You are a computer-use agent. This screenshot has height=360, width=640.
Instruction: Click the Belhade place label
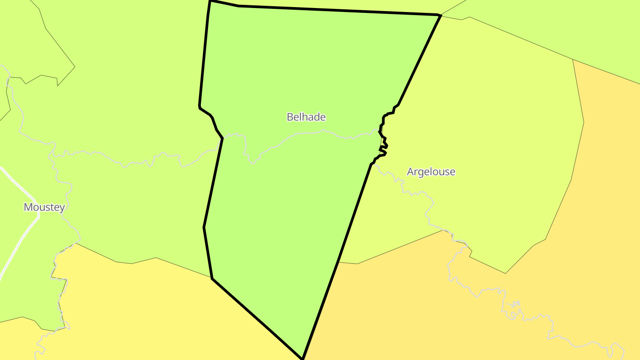306,117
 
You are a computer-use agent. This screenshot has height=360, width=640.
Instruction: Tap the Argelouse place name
431,172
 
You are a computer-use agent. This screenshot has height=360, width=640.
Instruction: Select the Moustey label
44,207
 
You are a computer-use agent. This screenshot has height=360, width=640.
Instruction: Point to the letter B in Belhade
290,117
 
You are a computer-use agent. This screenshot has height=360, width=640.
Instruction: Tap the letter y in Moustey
62,208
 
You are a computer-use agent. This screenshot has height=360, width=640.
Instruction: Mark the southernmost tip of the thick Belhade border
302,358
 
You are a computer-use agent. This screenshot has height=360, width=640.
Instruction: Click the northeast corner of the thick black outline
440,16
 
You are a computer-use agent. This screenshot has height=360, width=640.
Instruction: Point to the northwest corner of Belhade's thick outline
210,1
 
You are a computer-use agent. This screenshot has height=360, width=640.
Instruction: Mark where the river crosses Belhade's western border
222,138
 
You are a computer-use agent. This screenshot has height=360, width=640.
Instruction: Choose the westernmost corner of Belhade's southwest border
204,227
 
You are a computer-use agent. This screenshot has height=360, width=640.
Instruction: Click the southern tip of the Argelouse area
505,273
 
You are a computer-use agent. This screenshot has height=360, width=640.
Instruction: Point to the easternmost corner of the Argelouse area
584,122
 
